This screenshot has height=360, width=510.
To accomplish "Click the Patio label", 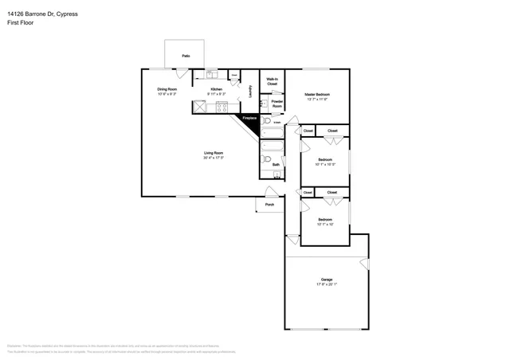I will (185, 56).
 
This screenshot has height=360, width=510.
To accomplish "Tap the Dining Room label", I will (167, 89).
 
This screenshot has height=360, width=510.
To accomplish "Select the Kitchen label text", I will (216, 89).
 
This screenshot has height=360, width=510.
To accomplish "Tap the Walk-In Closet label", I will (272, 81).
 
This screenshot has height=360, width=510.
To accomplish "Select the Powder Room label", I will (277, 103).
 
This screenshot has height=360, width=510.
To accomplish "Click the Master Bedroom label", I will (316, 94).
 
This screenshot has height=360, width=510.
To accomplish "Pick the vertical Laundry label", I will (250, 92).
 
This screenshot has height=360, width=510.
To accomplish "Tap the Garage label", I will (326, 280).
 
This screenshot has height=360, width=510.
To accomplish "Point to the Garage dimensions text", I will (326, 284).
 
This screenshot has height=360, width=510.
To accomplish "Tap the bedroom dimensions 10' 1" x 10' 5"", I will (326, 165).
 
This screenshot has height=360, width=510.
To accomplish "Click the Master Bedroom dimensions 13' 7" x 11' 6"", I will (316, 100).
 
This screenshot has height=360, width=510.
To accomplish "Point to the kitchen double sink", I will (211, 76).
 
